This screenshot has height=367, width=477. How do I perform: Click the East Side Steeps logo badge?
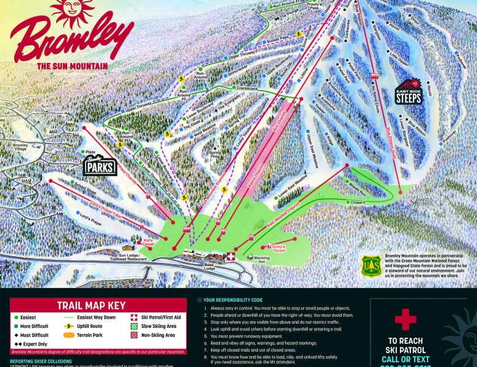pos(408,92)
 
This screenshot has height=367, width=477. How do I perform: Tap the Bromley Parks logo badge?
pos(100,163)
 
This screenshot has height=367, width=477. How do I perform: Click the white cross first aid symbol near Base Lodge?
pos(231,257)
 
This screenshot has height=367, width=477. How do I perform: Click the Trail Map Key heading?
pos(91,305)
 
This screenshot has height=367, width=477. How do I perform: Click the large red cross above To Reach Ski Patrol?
pos(405,319)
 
